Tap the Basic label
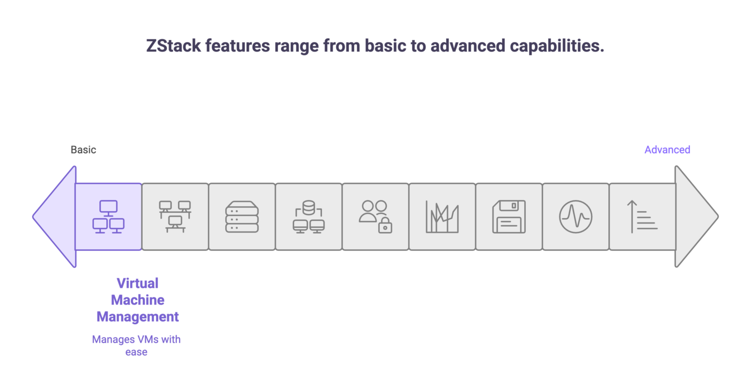[x=83, y=150]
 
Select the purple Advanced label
[x=667, y=150]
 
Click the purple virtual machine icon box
[x=108, y=217]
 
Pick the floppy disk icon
[x=509, y=217]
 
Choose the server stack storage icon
[x=242, y=217]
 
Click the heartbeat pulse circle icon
[x=576, y=217]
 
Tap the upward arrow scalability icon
[x=642, y=217]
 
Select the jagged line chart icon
[x=442, y=217]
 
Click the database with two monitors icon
[x=308, y=217]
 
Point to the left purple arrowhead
[x=54, y=217]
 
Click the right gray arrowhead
[x=696, y=217]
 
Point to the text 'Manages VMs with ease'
[x=136, y=346]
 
